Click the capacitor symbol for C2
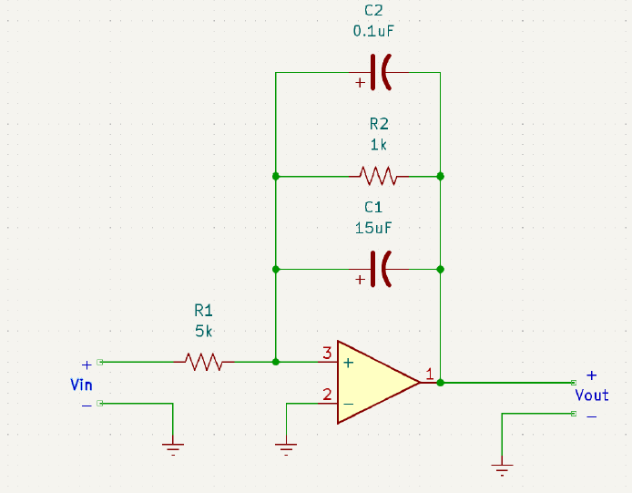[x=381, y=72]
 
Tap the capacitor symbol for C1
[x=381, y=269]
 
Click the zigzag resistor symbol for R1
[x=204, y=362]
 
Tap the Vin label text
[x=81, y=385]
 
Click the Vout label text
[x=591, y=395]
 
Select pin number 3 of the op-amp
[x=326, y=353]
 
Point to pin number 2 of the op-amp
[x=326, y=395]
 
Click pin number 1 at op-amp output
[x=429, y=374]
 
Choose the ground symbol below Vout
[x=502, y=469]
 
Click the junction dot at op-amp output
[x=440, y=383]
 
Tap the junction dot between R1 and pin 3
[x=275, y=362]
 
